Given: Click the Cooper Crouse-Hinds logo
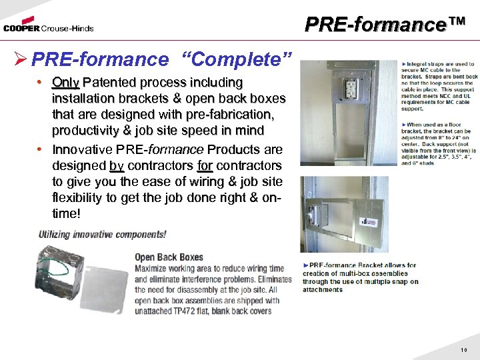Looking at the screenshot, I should tap(48, 27).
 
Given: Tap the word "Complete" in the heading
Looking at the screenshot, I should tap(237, 59).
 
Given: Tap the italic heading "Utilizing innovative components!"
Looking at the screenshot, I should tap(102, 235).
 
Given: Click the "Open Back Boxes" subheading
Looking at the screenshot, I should tap(169, 257).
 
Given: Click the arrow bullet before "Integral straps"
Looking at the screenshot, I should tap(403, 64).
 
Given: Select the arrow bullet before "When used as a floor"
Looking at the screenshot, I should tap(403, 125).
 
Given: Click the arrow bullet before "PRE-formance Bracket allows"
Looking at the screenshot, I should tap(305, 265).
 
